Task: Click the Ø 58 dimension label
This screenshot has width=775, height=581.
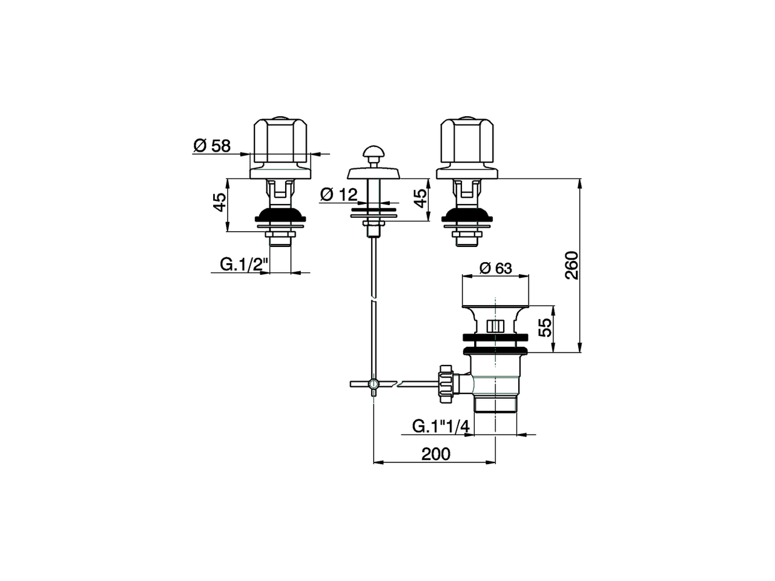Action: point(212,146)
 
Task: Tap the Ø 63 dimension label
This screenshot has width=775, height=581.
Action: point(495,268)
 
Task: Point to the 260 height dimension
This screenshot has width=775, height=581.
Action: point(572,265)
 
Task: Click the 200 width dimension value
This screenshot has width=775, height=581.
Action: point(436,454)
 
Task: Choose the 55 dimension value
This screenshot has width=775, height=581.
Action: point(546,327)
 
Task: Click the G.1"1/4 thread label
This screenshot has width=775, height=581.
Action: point(441,426)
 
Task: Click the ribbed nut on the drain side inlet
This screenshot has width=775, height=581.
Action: point(447,384)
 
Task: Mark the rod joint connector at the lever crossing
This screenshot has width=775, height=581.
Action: point(374,384)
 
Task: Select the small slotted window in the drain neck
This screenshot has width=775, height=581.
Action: point(496,326)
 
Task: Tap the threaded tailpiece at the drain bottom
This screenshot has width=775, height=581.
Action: point(496,404)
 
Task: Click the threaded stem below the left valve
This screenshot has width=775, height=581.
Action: point(280,240)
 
